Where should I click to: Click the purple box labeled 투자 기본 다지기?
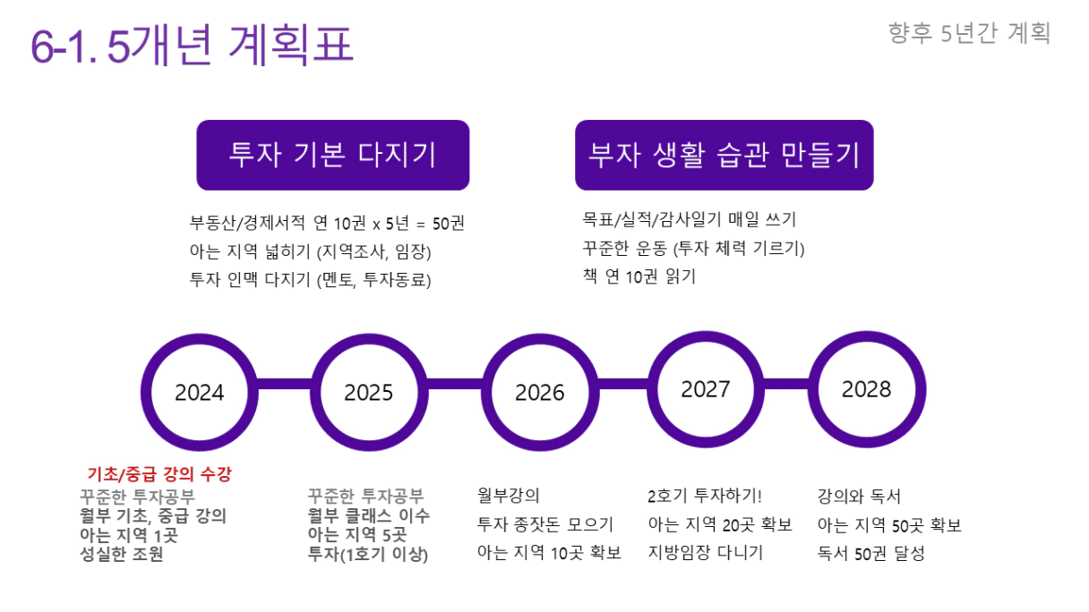333,155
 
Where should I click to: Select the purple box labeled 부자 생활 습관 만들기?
725,155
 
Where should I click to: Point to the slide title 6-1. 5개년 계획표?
192,45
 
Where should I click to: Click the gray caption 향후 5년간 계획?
969,33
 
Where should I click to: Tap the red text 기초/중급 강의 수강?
159,473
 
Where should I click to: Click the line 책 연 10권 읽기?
639,276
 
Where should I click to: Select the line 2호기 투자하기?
705,496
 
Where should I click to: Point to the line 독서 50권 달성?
870,553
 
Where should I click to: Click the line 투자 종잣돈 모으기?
545,524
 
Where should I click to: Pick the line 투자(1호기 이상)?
368,554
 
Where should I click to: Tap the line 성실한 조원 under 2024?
122,554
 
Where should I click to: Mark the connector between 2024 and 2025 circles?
285,384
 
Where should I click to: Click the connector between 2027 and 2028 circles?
786,384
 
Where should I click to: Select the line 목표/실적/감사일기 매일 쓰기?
690,219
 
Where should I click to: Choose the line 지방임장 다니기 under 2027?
706,552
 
